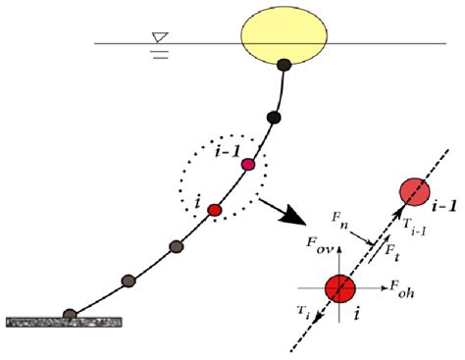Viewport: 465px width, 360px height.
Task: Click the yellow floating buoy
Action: coord(285,35)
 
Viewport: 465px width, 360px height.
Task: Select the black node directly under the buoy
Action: coord(284,67)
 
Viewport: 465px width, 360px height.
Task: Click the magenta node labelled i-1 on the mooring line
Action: coord(248,164)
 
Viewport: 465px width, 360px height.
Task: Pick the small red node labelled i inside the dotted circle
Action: coord(216,208)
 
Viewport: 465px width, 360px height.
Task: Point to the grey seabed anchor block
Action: coord(64,321)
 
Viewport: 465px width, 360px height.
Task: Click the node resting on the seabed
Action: coord(70,314)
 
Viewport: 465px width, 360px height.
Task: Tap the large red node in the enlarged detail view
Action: coord(340,287)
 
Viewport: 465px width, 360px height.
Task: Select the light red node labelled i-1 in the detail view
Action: coord(414,192)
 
